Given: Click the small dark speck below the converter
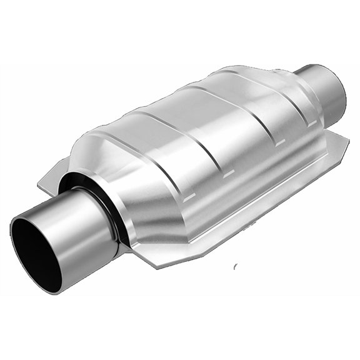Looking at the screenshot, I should (235, 266).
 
